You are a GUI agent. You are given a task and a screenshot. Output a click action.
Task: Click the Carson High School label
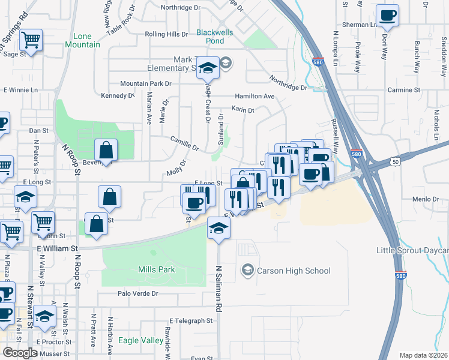pos(294,271)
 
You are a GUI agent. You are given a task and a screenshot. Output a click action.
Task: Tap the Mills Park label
pos(157,269)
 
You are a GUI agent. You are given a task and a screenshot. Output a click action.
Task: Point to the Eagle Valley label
pos(141,340)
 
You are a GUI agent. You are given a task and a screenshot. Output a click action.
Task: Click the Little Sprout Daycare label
pos(412,250)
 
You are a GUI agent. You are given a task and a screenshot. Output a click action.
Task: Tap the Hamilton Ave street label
pos(255,96)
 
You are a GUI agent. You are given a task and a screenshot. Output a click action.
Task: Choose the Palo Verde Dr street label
pos(137,293)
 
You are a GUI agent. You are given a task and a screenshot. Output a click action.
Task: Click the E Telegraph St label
pos(191,321)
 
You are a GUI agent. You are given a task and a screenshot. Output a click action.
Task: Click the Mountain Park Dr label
pos(145,83)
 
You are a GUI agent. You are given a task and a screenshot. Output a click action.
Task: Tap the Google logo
pos(20,352)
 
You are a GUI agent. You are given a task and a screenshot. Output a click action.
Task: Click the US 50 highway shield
pos(394,161)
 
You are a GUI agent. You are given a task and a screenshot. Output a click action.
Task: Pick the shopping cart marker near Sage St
pos(31,40)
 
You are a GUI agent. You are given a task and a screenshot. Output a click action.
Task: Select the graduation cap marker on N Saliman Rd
pos(218,228)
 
